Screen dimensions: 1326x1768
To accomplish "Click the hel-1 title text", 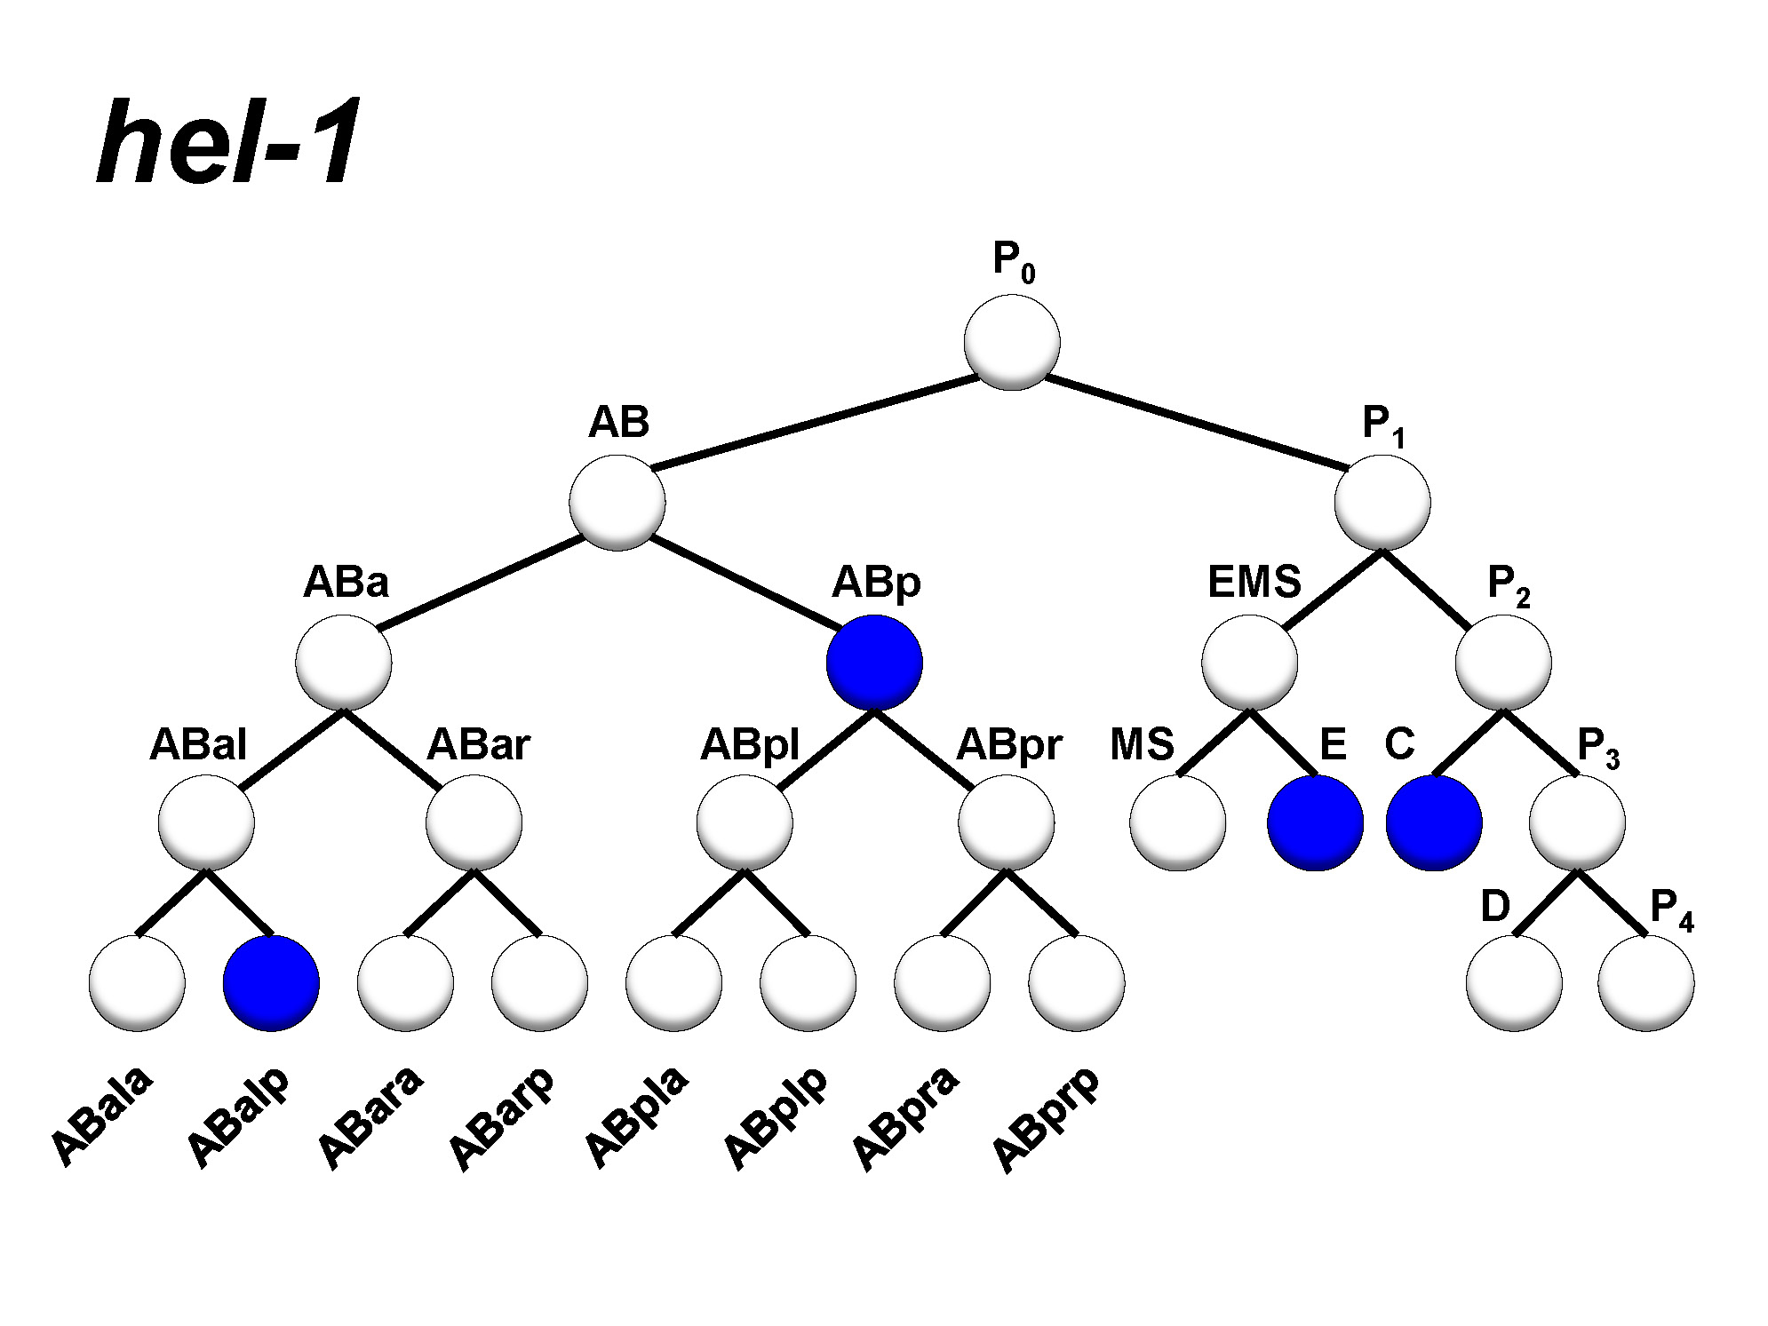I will (228, 142).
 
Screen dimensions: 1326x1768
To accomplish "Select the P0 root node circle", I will (1012, 342).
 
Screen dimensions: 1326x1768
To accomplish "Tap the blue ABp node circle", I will (874, 663).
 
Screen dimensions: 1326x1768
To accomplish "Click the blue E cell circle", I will (1315, 822).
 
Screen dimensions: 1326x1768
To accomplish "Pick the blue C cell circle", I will (1434, 822).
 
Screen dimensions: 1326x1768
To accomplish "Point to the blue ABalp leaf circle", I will (271, 983).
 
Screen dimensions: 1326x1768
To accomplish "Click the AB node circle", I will (617, 503).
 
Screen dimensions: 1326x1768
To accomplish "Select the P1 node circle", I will (1382, 503).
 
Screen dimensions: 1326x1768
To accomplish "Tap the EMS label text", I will (1254, 583).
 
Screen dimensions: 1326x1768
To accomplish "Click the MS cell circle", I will (1178, 822).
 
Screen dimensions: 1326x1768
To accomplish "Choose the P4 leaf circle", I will (1645, 983).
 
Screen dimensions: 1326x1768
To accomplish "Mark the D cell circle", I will (1514, 983).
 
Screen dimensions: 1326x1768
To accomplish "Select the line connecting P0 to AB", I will (815, 422).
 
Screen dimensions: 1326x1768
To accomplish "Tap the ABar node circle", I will (474, 822).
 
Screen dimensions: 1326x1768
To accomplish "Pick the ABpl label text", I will (750, 744).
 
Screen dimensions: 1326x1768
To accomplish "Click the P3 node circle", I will (1577, 822).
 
